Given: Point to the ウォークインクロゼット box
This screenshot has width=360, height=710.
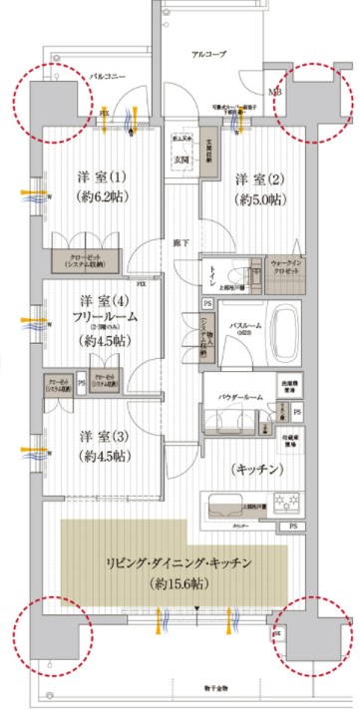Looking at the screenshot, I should [288, 270].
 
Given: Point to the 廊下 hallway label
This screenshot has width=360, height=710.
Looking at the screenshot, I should [179, 242].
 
